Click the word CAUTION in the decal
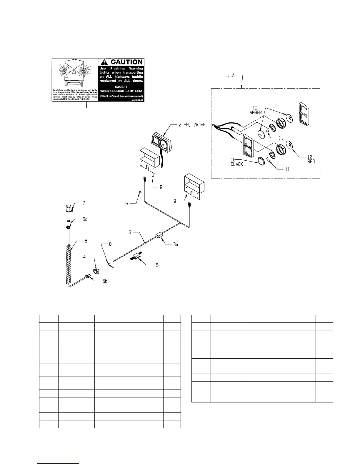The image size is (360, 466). click(126, 62)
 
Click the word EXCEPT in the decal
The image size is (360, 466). click(121, 87)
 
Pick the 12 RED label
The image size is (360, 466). click(311, 159)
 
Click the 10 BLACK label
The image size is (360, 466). click(236, 162)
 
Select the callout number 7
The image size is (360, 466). click(84, 203)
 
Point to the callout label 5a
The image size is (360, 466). click(85, 219)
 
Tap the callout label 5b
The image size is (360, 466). click(104, 281)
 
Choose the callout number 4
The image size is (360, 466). click(84, 257)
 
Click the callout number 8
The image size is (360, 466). click(110, 244)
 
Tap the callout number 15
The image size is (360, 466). click(156, 265)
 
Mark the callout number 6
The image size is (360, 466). click(127, 203)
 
